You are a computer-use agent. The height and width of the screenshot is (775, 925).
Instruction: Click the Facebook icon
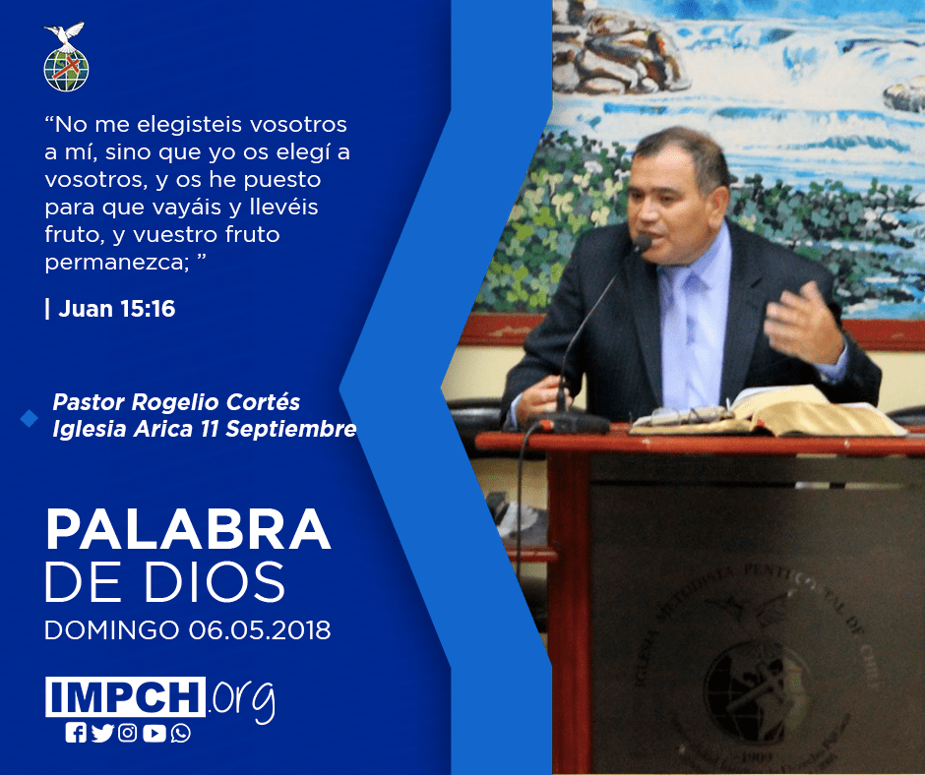(76, 733)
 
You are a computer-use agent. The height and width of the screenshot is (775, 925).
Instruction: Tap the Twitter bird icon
(102, 733)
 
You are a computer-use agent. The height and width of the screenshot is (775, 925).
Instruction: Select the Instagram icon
(127, 733)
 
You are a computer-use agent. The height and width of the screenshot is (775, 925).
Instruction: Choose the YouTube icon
(154, 733)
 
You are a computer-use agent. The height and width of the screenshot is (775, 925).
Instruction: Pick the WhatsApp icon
(180, 733)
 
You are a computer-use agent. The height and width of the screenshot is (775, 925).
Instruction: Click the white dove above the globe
(65, 33)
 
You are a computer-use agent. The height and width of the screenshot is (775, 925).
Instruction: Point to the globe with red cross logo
(66, 70)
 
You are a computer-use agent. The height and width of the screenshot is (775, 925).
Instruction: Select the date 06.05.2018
(260, 629)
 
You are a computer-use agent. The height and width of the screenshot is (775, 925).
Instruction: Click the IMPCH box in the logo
(125, 696)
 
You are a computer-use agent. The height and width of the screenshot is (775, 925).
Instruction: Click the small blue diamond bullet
(29, 418)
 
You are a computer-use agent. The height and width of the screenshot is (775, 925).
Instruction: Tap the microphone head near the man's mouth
(643, 242)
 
